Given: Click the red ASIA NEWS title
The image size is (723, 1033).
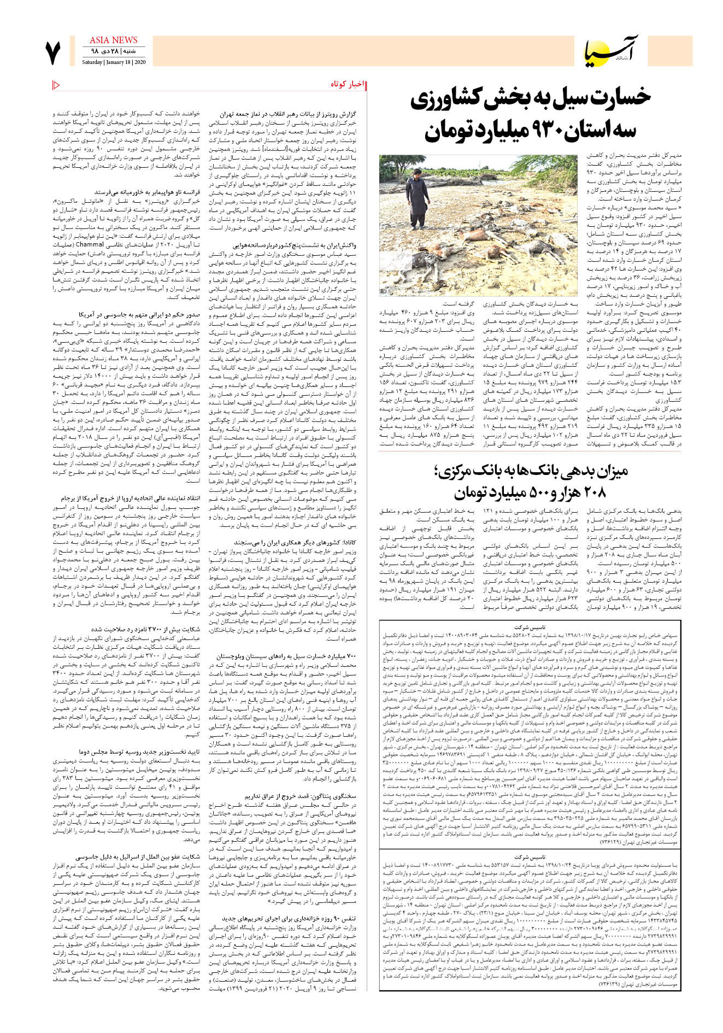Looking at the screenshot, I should pos(113,40).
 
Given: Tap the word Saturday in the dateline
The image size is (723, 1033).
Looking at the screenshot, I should pos(92,62).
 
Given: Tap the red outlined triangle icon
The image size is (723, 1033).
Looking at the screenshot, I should pos(56,85).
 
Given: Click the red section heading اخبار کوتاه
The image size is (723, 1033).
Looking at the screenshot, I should pos(347,85).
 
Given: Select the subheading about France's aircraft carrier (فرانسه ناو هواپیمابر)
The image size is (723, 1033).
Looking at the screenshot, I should pos(148,193).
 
